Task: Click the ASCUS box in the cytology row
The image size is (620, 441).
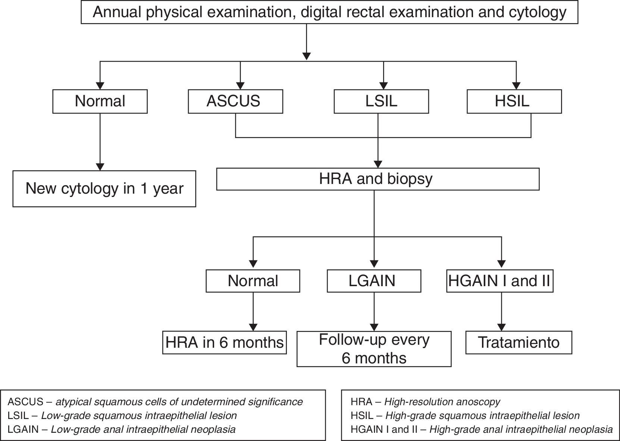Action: [x=235, y=101]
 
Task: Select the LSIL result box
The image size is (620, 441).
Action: [x=381, y=101]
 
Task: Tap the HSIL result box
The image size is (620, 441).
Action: [x=514, y=101]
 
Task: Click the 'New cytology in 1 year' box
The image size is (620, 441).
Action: [x=104, y=189]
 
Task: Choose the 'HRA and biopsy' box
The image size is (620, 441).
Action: [x=378, y=179]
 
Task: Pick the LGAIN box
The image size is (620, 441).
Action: [x=374, y=281]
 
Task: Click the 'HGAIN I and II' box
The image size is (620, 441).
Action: [x=500, y=281]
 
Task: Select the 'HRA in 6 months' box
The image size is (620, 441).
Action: [x=225, y=343]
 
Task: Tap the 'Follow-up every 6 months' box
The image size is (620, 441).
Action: [x=374, y=349]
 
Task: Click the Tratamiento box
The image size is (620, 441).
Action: [x=519, y=343]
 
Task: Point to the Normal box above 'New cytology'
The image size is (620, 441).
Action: [x=100, y=101]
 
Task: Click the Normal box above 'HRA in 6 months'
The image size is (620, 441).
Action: [x=253, y=281]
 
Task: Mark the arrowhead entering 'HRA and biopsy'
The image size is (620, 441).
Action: [x=378, y=164]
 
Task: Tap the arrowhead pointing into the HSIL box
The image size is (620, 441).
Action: [x=516, y=85]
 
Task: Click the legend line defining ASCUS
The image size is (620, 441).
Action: [x=155, y=402]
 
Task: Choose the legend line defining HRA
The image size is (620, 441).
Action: [x=425, y=402]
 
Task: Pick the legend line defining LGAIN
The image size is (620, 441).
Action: [x=122, y=429]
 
